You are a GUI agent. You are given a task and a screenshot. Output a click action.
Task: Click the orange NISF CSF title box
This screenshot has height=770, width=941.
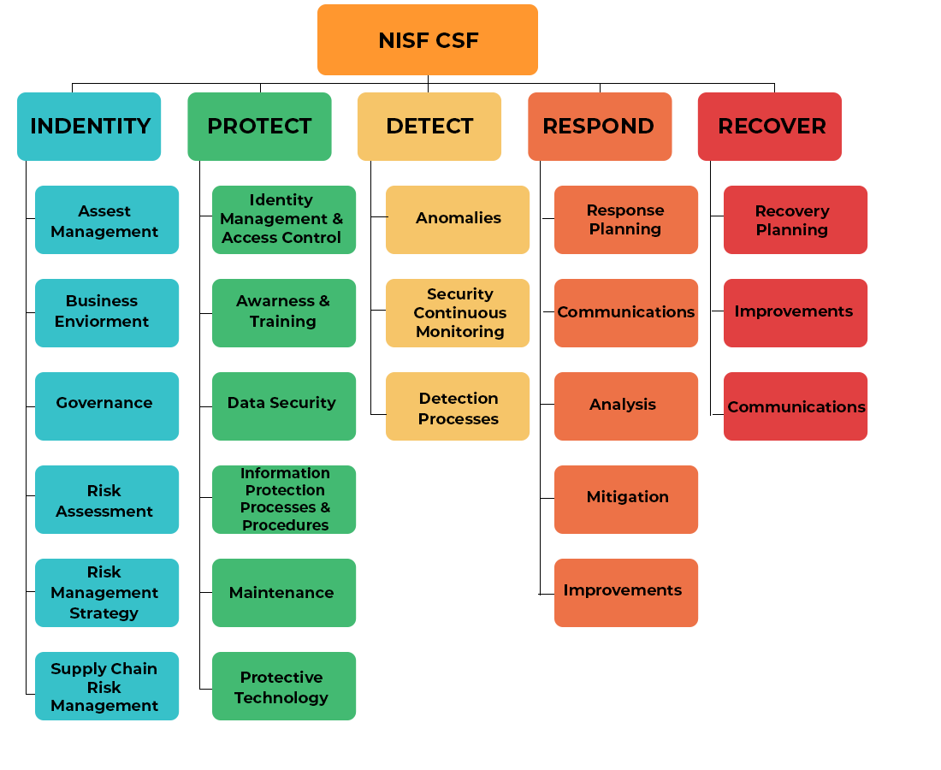[428, 40]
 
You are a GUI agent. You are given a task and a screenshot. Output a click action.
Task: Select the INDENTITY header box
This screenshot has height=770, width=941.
[89, 127]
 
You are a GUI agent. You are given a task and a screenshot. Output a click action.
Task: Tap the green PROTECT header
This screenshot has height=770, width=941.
[259, 127]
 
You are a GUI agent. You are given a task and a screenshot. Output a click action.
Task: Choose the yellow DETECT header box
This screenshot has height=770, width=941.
[429, 127]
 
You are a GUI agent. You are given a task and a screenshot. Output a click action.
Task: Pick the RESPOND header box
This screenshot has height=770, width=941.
[599, 127]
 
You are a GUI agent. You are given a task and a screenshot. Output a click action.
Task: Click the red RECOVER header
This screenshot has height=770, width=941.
[770, 127]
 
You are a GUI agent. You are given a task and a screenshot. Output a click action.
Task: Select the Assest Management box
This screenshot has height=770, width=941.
[107, 220]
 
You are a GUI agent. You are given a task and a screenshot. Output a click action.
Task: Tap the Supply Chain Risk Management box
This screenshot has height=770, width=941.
[107, 686]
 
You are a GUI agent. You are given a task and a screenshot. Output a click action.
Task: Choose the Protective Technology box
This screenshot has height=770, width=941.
[284, 686]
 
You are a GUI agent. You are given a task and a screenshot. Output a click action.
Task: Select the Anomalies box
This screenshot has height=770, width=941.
[458, 220]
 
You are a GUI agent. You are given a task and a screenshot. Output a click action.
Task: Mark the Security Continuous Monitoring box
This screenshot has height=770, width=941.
[458, 313]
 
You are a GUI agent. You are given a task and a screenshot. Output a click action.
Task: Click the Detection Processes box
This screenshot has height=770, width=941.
[458, 406]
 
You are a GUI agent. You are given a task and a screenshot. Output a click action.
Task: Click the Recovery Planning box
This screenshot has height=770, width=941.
[796, 220]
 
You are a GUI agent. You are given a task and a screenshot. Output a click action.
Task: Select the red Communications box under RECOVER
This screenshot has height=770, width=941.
[796, 406]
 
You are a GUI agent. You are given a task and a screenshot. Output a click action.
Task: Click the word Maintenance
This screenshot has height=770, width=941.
[281, 593]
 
